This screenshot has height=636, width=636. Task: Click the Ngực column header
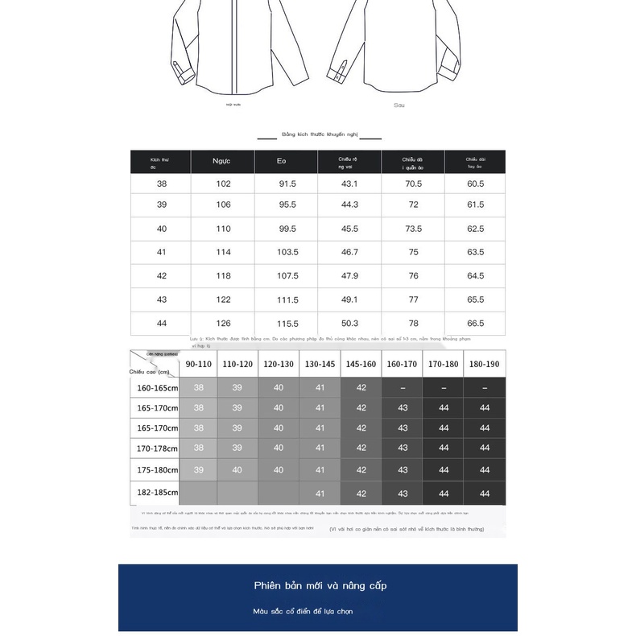tap(221, 162)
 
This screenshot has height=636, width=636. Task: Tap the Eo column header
tap(282, 162)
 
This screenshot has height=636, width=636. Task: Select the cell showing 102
tap(222, 184)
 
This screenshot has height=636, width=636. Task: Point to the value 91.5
tap(287, 184)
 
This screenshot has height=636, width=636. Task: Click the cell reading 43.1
tap(349, 184)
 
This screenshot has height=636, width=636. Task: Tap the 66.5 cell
tap(476, 323)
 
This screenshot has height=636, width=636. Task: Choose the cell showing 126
tap(222, 323)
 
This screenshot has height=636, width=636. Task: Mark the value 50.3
tap(349, 323)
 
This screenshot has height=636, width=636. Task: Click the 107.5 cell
tap(287, 275)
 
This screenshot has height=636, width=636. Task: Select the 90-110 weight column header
tap(198, 364)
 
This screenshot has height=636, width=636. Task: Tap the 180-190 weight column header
tap(485, 364)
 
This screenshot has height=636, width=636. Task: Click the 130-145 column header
tap(320, 364)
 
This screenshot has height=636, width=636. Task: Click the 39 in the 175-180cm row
tap(198, 469)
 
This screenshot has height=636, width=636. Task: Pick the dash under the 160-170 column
tap(403, 388)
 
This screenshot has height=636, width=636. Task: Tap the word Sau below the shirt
tap(399, 105)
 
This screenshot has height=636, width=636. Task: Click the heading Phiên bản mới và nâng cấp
tap(320, 585)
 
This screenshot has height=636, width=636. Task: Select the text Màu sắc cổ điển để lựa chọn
tap(302, 612)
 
